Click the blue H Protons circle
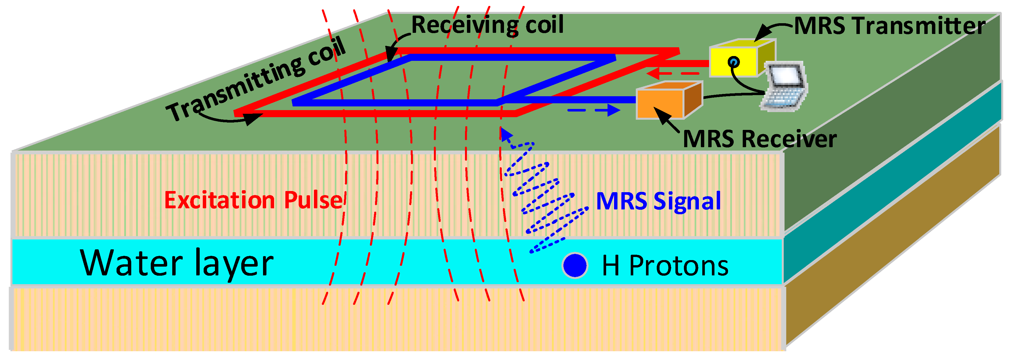click(575, 265)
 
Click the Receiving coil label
click(487, 25)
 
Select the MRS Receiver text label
click(759, 139)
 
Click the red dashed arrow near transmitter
click(672, 73)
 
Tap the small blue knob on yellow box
click(734, 62)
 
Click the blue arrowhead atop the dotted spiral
click(506, 134)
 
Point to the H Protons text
click(665, 266)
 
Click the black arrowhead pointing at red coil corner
click(253, 118)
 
